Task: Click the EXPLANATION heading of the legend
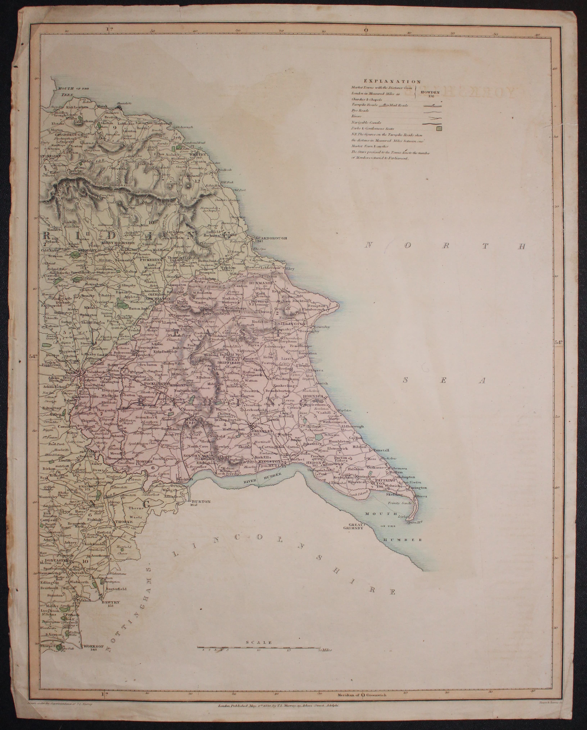(x=392, y=81)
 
